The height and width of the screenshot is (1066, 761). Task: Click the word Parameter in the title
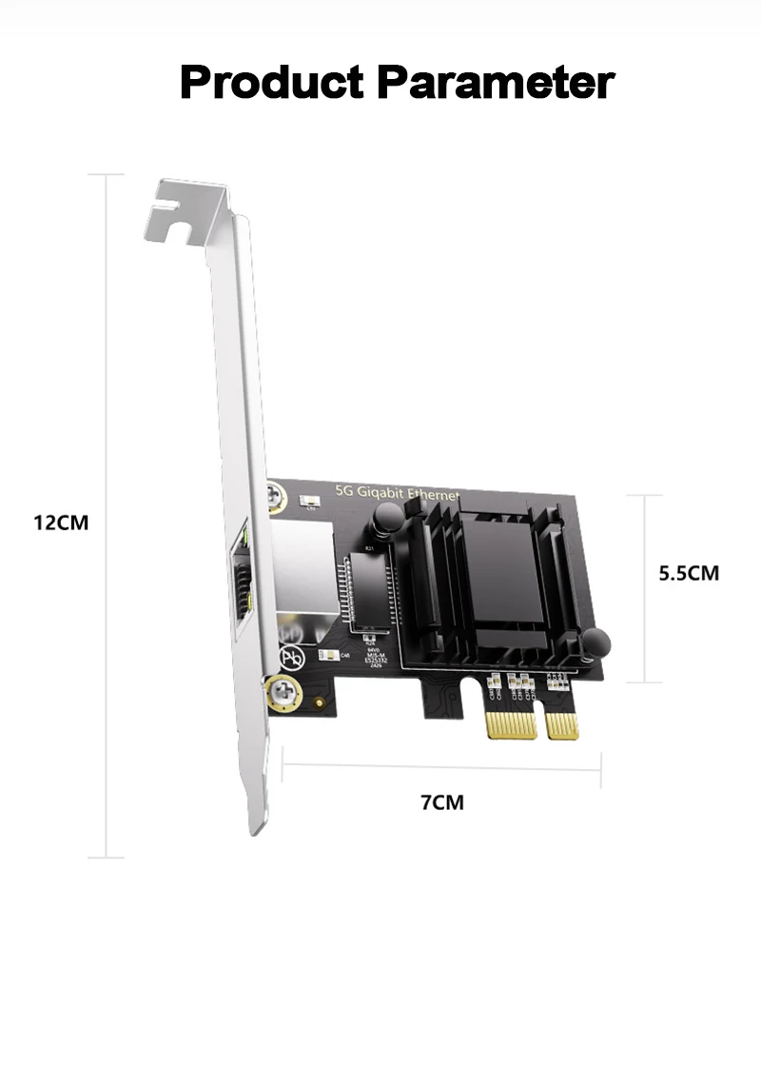point(495,82)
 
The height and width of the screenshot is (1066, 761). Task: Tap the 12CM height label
point(61,523)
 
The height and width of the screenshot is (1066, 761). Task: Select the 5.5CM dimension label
point(690,573)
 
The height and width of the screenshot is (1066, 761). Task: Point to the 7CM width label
point(442,802)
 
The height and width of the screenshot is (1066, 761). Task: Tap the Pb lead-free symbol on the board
point(294,657)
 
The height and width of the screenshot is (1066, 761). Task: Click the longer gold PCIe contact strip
point(507,724)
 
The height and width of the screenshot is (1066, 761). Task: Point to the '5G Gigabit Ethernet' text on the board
point(398,492)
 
